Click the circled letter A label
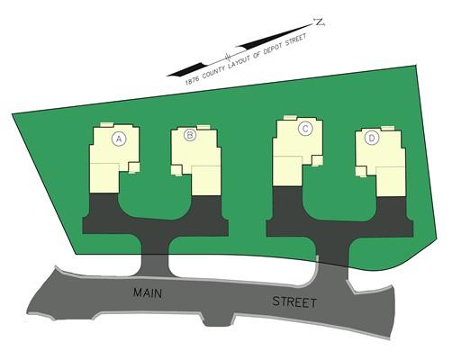point(119,139)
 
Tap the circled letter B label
point(190,135)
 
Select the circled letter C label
point(305,129)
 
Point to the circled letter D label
point(372,139)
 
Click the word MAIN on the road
point(148,292)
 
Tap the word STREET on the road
point(294,301)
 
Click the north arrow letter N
point(319,22)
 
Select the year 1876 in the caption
point(192,79)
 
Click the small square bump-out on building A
point(134,167)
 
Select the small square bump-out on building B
point(176,170)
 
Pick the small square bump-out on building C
point(317,160)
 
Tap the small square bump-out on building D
point(361,172)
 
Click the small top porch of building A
point(106,124)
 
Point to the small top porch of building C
point(291,118)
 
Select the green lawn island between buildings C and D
point(339,195)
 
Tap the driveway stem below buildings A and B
point(155,255)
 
